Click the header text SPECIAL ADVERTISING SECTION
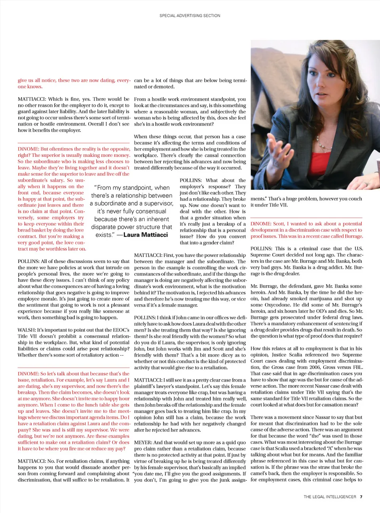pos(190,16)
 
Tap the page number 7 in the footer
pos(361,497)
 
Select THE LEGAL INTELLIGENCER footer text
pos(330,497)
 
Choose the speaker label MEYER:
pos(143,442)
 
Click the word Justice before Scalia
pos(280,355)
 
